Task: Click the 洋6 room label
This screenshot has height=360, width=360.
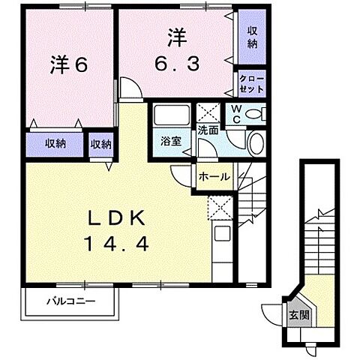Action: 69,65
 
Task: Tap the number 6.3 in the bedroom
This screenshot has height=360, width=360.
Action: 177,64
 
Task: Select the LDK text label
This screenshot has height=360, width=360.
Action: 116,218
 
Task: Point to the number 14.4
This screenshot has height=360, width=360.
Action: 118,244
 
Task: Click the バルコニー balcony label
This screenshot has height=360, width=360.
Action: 71,301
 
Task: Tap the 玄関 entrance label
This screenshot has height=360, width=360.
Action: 299,315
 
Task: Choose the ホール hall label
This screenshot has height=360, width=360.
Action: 214,177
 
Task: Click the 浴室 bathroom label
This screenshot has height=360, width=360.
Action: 171,141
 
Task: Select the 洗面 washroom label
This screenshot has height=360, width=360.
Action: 208,130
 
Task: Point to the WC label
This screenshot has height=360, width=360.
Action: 236,114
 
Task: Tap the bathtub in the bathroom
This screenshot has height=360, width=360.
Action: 172,115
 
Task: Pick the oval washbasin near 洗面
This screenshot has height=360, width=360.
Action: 256,143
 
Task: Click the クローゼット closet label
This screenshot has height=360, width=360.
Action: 252,84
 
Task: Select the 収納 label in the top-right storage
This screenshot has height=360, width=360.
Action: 253,37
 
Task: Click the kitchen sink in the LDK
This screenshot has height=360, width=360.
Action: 222,233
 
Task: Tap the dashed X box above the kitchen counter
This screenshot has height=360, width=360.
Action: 220,208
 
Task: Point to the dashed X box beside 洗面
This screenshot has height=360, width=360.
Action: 208,112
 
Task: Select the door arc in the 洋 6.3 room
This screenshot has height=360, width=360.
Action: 135,82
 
